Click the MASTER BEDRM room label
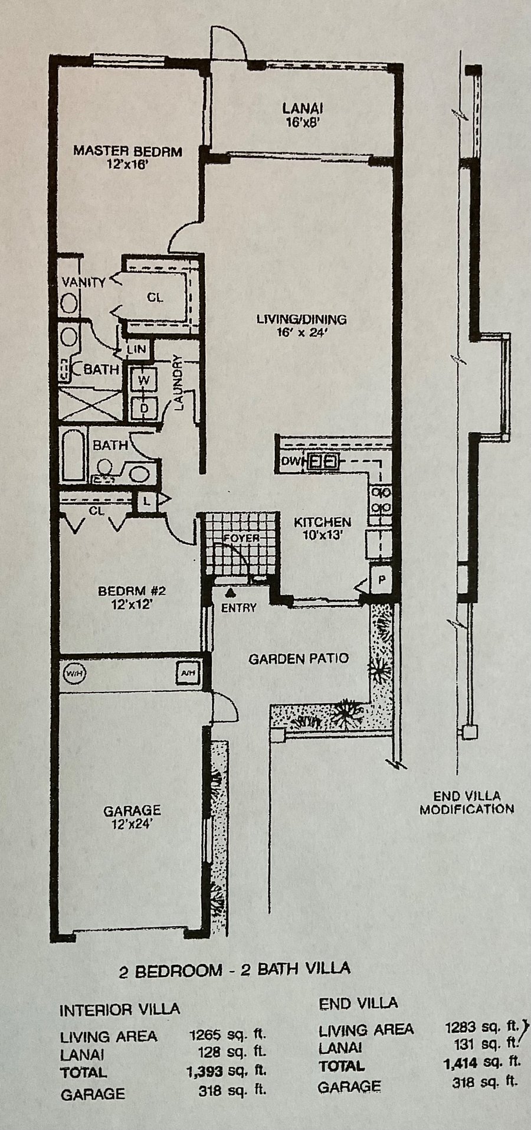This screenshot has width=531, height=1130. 127,156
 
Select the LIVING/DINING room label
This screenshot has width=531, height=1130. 301,325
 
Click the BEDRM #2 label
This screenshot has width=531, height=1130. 127,597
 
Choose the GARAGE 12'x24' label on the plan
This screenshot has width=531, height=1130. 132,817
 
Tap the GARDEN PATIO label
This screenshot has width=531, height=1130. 299,659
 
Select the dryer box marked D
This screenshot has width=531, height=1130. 143,407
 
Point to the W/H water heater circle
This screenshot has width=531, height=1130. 74,672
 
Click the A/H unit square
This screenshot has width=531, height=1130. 186,672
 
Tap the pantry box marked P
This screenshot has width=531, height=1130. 381,579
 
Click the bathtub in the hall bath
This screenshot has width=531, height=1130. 73,454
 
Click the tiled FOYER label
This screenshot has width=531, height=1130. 241,538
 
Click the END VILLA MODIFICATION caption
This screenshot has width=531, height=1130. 466,802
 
